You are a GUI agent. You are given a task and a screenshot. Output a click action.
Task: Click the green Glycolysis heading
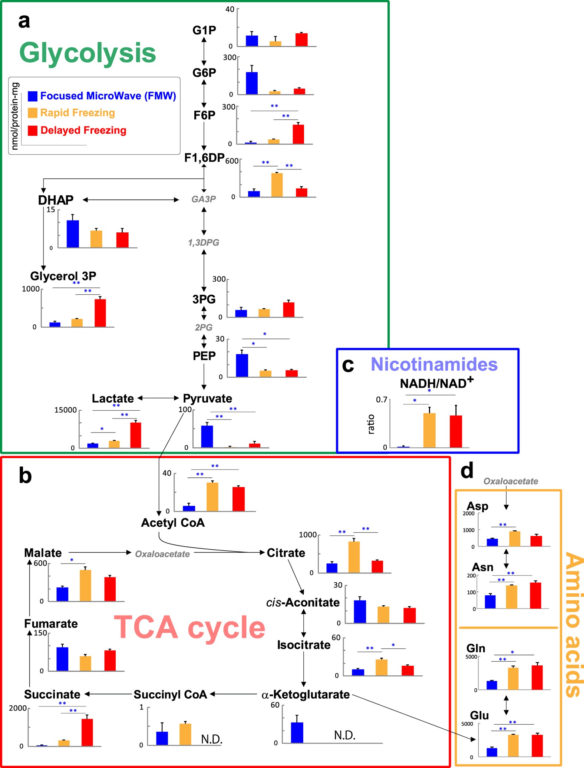click(x=88, y=53)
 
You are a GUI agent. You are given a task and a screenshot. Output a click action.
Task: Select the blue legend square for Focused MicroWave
click(x=33, y=96)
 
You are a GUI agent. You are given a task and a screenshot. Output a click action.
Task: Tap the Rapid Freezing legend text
click(x=77, y=113)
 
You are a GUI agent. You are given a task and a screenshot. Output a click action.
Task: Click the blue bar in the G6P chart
click(x=252, y=83)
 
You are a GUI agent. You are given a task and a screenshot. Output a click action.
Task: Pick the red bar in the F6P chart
click(x=298, y=134)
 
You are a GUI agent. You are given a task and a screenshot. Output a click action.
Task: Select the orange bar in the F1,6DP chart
click(x=277, y=185)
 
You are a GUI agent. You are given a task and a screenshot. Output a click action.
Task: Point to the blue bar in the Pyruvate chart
click(x=207, y=436)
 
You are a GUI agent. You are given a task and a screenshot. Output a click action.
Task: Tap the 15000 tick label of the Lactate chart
click(x=66, y=410)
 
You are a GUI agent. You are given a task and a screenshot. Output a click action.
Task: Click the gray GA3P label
click(x=204, y=199)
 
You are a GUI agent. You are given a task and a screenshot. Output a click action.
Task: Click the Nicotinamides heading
click(x=434, y=364)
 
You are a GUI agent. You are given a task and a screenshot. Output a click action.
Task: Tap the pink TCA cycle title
click(x=189, y=628)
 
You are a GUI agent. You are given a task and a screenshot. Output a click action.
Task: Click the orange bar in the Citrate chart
click(x=354, y=557)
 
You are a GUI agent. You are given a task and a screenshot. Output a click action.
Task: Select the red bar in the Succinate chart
click(x=87, y=732)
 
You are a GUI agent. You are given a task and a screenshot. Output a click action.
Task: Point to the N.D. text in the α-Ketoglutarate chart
click(x=344, y=735)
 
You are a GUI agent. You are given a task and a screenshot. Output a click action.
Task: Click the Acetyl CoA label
click(x=173, y=523)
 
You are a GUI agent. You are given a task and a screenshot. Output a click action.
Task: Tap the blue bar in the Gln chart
click(x=492, y=685)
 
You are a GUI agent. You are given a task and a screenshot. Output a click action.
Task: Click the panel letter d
click(x=467, y=471)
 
